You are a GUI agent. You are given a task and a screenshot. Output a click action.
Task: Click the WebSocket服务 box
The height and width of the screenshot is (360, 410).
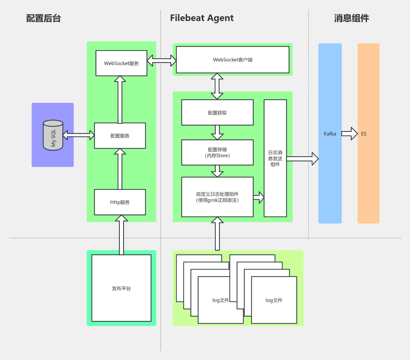pos(121,63)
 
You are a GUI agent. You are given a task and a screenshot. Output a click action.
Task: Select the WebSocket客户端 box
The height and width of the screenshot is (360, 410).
pos(233,60)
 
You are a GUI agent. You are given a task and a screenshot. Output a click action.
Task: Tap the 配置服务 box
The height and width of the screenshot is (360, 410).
pos(120,136)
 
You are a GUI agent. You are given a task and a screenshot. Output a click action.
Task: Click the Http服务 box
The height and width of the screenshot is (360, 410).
pos(120,202)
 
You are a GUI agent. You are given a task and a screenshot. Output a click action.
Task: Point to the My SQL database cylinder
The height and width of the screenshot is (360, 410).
pos(53,135)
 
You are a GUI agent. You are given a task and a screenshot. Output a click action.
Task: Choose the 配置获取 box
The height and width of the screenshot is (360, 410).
pos(217,113)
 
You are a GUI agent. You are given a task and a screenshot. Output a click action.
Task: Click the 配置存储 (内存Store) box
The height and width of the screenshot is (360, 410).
pos(217,152)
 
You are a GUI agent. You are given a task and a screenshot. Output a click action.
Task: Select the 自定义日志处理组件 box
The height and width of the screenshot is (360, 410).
pos(217,197)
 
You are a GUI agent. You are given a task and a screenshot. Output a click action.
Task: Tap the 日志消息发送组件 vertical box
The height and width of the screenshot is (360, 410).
pos(275,158)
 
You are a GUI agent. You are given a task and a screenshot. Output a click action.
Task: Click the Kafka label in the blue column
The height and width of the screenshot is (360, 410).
pos(330,134)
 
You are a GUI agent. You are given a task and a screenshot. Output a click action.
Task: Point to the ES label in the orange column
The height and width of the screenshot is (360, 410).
pos(364,134)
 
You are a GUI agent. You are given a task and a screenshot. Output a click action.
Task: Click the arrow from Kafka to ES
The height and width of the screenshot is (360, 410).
pos(349,134)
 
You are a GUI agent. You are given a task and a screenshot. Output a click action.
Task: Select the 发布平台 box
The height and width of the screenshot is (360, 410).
pos(121,288)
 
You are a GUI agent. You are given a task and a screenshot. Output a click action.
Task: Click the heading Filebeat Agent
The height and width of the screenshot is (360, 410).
pos(202,18)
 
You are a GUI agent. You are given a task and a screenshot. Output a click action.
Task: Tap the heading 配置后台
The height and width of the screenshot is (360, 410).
pos(43,18)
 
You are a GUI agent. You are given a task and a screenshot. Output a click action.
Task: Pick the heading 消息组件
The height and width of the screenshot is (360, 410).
pos(351,18)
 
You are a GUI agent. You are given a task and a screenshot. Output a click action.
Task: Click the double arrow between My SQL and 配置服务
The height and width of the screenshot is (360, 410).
pos(79,135)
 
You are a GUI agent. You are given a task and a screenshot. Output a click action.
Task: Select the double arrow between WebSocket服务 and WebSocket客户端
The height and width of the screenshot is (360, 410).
pos(162,61)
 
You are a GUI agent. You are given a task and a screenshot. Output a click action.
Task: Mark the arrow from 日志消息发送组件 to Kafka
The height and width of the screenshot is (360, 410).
pos(302,159)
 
